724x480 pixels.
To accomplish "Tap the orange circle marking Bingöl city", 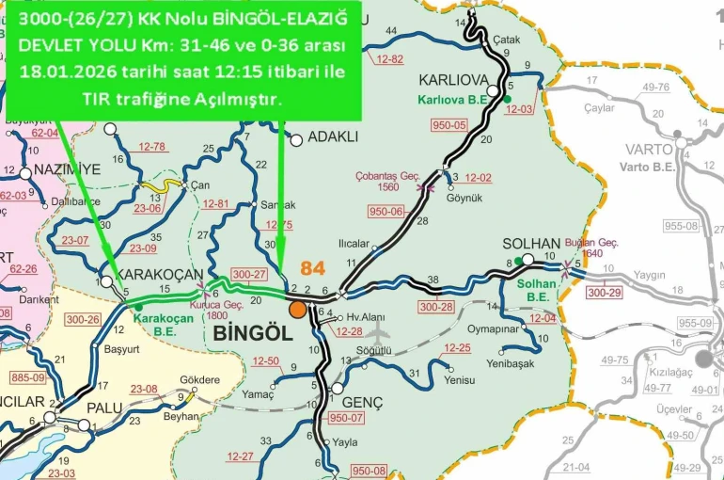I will [x=297, y=310].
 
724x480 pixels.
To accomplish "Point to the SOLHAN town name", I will [x=531, y=243].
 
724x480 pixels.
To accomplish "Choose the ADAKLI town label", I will [x=333, y=136].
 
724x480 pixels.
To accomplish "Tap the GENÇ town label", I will [x=363, y=402].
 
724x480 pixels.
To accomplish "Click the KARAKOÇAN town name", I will [x=158, y=274].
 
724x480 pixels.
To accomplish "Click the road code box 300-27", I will [x=249, y=274].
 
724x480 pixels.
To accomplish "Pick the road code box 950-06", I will [x=386, y=212].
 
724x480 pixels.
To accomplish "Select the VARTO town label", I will [x=649, y=150].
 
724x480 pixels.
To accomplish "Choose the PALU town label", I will [x=104, y=407].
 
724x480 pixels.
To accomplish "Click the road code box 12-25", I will [x=457, y=348].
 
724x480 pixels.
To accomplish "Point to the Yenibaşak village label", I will [x=511, y=363].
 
